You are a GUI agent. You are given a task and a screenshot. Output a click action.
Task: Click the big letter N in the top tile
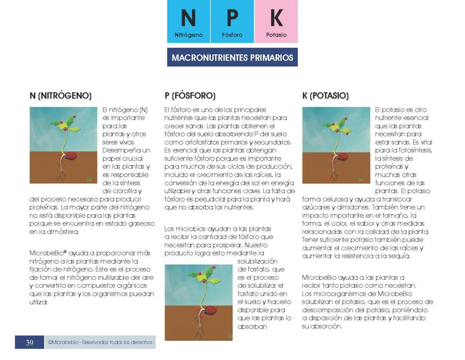(188, 19)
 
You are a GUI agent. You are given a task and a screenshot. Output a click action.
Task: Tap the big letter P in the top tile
(232, 19)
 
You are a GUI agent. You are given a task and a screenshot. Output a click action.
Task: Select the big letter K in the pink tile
(276, 19)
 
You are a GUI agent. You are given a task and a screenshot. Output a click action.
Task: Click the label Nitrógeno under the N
(188, 35)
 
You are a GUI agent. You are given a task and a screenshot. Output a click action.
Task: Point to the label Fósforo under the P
(232, 35)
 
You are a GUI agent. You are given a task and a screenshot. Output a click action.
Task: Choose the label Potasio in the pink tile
(276, 35)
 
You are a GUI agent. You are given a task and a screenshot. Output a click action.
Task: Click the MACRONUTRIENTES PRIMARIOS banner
(232, 58)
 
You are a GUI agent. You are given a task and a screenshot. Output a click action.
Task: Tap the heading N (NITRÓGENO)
(60, 96)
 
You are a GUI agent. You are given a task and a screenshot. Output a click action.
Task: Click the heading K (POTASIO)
(325, 96)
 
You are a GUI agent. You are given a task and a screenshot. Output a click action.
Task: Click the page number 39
(30, 342)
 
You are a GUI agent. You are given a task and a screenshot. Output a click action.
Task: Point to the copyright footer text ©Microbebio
(100, 342)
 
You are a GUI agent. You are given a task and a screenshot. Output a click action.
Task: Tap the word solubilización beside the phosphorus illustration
(257, 261)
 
